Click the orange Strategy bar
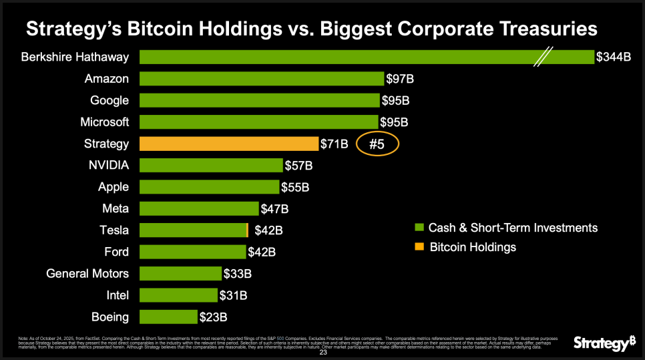(x=228, y=144)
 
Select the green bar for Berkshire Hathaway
(x=334, y=57)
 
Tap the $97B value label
(x=400, y=79)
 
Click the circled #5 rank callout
(x=378, y=144)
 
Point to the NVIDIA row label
(x=109, y=165)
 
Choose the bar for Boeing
(x=168, y=316)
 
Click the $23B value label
(x=213, y=317)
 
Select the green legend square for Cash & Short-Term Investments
(x=419, y=228)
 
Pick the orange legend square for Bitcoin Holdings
(x=419, y=247)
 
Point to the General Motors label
(x=87, y=273)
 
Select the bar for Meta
(x=199, y=208)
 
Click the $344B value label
(x=614, y=57)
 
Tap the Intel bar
(x=178, y=295)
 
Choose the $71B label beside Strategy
(x=335, y=144)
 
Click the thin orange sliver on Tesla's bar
(x=248, y=230)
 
